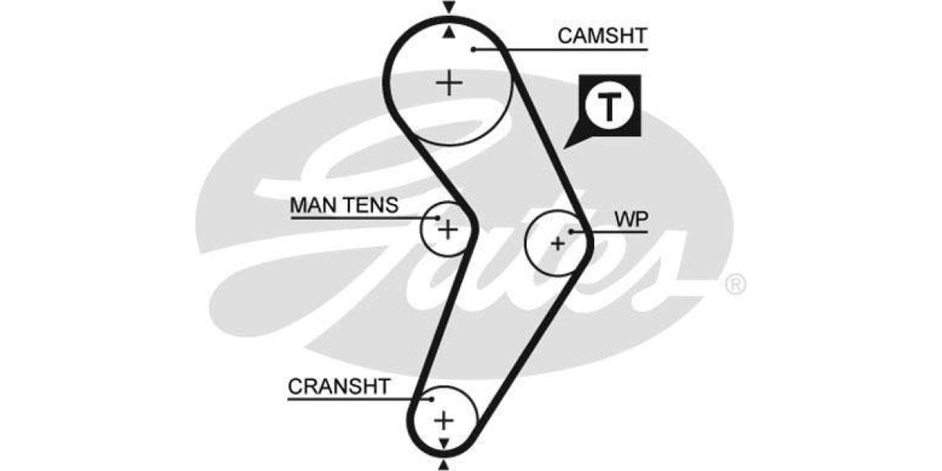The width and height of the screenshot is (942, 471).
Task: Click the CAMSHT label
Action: click(x=602, y=35)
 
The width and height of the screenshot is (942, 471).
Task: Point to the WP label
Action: click(x=631, y=220)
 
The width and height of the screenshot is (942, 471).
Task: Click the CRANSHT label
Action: click(x=338, y=386)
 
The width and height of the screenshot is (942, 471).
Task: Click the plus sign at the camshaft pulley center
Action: click(x=449, y=82)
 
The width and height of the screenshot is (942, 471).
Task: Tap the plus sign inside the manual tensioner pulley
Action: click(x=447, y=229)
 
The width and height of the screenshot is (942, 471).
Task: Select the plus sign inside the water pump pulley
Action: click(x=557, y=243)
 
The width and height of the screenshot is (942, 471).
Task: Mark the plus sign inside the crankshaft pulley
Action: click(x=444, y=420)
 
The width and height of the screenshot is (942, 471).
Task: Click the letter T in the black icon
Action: click(x=610, y=107)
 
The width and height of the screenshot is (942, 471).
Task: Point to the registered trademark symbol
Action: click(x=735, y=284)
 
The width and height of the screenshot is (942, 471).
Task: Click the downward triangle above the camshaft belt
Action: click(x=448, y=7)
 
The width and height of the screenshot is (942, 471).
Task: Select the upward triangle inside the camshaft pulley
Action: click(x=448, y=32)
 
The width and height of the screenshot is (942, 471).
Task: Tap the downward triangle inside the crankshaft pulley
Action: click(x=444, y=444)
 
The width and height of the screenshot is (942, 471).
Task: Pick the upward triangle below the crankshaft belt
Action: click(x=444, y=465)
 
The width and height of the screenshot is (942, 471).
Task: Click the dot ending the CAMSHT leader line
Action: click(x=474, y=49)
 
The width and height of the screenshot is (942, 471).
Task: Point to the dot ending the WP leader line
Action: click(x=572, y=232)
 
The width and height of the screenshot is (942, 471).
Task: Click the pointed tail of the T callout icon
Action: click(x=568, y=146)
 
